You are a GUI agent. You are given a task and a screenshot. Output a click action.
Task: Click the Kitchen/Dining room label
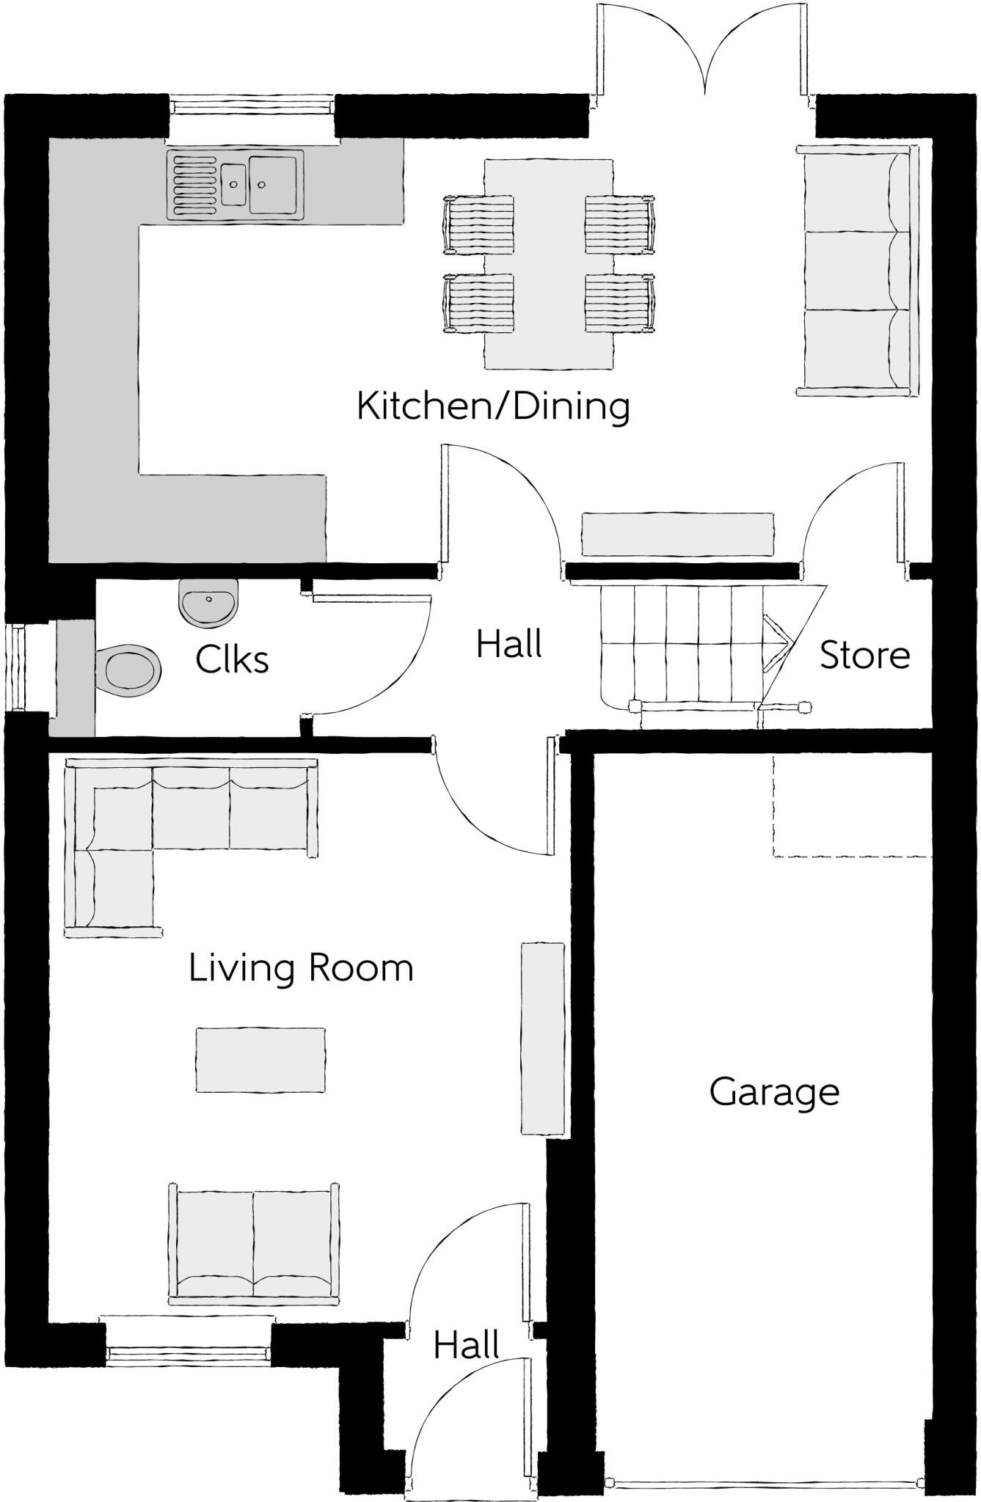click(493, 406)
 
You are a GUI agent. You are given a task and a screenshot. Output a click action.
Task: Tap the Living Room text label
click(301, 968)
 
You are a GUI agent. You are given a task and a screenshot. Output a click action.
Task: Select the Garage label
click(774, 1093)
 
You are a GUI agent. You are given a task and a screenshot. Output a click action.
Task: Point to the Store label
click(864, 655)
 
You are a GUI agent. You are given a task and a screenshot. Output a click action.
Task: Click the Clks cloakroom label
click(232, 660)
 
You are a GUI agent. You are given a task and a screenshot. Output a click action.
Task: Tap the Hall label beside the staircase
click(508, 645)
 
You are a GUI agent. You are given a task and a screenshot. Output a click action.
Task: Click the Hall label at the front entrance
click(466, 1346)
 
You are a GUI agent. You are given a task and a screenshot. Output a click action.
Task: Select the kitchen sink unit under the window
click(236, 184)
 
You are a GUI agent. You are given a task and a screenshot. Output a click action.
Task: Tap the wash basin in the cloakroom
click(209, 602)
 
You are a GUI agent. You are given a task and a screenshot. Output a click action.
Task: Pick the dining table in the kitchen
click(549, 264)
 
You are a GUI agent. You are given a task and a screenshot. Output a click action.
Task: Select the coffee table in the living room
click(260, 1060)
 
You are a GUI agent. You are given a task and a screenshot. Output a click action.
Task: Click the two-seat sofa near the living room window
click(254, 1245)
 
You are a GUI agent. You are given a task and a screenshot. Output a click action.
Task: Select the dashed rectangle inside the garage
click(851, 807)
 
